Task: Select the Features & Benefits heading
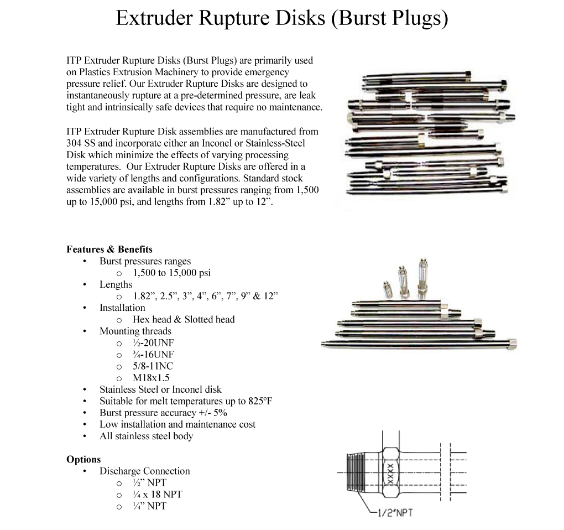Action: pyautogui.click(x=109, y=250)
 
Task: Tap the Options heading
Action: pyautogui.click(x=83, y=459)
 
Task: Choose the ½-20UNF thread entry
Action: pyautogui.click(x=153, y=342)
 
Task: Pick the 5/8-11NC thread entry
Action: pyautogui.click(x=153, y=366)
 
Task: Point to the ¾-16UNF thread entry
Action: pyautogui.click(x=153, y=354)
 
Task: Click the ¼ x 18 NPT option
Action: pyautogui.click(x=157, y=494)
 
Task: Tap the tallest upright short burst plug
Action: pyautogui.click(x=422, y=276)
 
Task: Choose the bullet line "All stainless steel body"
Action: pyautogui.click(x=146, y=436)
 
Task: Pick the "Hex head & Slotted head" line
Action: pyautogui.click(x=184, y=319)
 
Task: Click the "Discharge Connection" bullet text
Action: pyautogui.click(x=144, y=471)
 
